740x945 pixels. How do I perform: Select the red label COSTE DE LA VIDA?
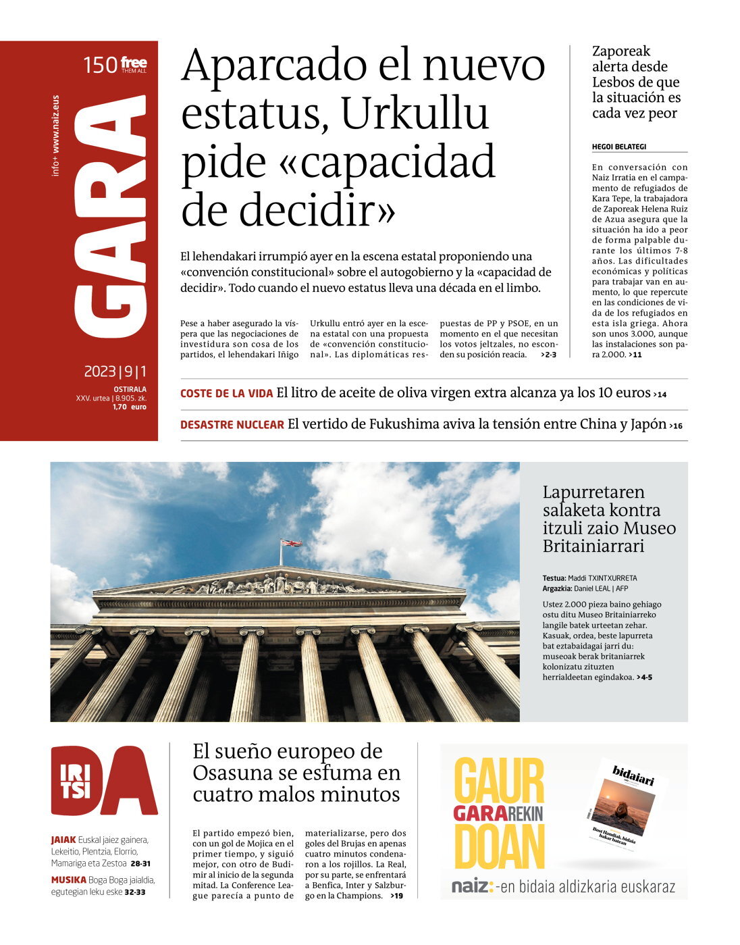(x=226, y=394)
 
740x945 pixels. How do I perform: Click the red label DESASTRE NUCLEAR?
(x=232, y=425)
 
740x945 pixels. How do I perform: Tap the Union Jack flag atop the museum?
(x=292, y=543)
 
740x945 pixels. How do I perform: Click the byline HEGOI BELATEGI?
(x=619, y=147)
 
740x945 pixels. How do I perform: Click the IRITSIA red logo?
(x=103, y=781)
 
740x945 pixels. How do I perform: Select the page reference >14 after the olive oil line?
(x=660, y=394)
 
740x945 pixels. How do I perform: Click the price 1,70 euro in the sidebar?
(x=129, y=407)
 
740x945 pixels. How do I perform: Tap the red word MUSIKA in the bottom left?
(x=68, y=879)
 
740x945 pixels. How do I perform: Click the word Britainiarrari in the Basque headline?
(x=593, y=546)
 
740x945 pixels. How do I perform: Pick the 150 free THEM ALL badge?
(x=115, y=66)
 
